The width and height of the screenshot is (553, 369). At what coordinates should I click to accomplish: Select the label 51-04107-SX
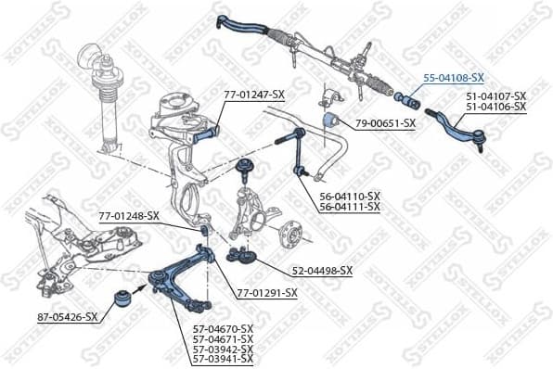[x=495, y=96]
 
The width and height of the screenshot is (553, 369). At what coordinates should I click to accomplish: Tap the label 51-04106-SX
[x=495, y=108]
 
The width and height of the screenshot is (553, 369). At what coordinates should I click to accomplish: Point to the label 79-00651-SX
[x=385, y=122]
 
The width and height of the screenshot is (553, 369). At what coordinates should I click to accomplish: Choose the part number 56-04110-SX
[x=350, y=196]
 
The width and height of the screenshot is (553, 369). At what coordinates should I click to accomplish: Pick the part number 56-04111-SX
[x=350, y=207]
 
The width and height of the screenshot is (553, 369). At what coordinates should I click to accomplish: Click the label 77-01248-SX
[x=129, y=216]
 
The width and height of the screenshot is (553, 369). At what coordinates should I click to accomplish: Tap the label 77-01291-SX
[x=266, y=293]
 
